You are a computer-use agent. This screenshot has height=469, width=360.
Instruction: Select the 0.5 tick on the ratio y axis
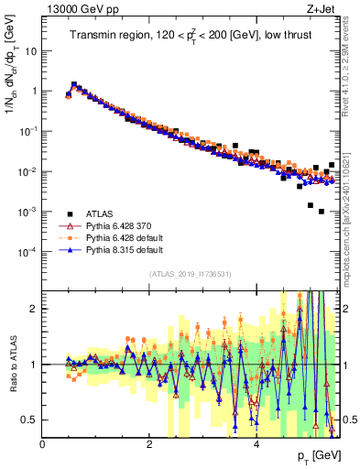pyautogui.click(x=30, y=420)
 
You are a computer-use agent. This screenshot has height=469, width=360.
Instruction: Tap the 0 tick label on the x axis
pyautogui.click(x=43, y=444)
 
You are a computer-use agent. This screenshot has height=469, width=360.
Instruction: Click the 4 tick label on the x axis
pyautogui.click(x=256, y=444)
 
